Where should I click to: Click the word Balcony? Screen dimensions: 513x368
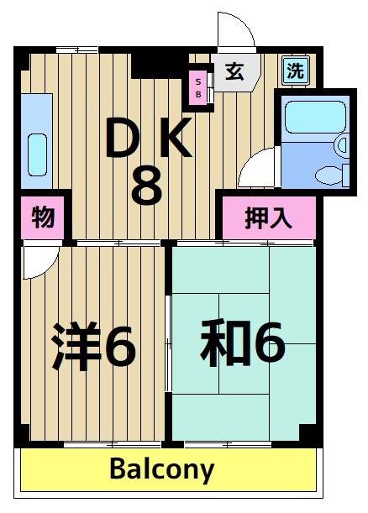pyautogui.click(x=162, y=469)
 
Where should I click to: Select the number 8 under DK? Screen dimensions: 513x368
pyautogui.click(x=146, y=186)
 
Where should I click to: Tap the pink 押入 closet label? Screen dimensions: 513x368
pyautogui.click(x=268, y=217)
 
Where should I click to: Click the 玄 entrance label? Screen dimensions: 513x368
pyautogui.click(x=234, y=72)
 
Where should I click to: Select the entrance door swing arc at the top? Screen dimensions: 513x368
pyautogui.click(x=236, y=34)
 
